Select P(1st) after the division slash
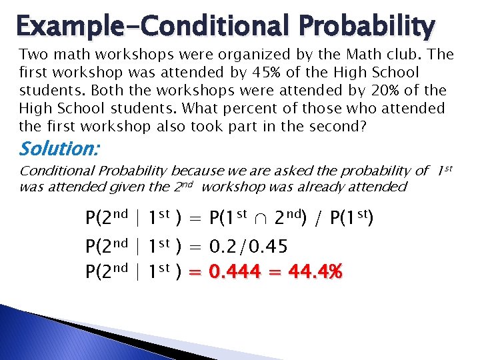pyautogui.click(x=353, y=218)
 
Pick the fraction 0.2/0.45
pyautogui.click(x=249, y=248)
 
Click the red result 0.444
pyautogui.click(x=239, y=272)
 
